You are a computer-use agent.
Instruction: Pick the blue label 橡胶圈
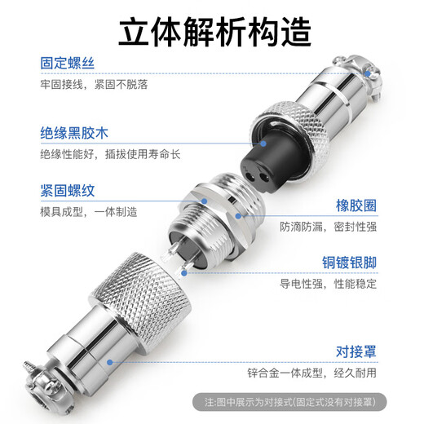coord(360,205)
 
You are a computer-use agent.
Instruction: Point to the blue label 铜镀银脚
coord(352,263)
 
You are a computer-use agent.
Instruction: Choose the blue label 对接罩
coord(360,352)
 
